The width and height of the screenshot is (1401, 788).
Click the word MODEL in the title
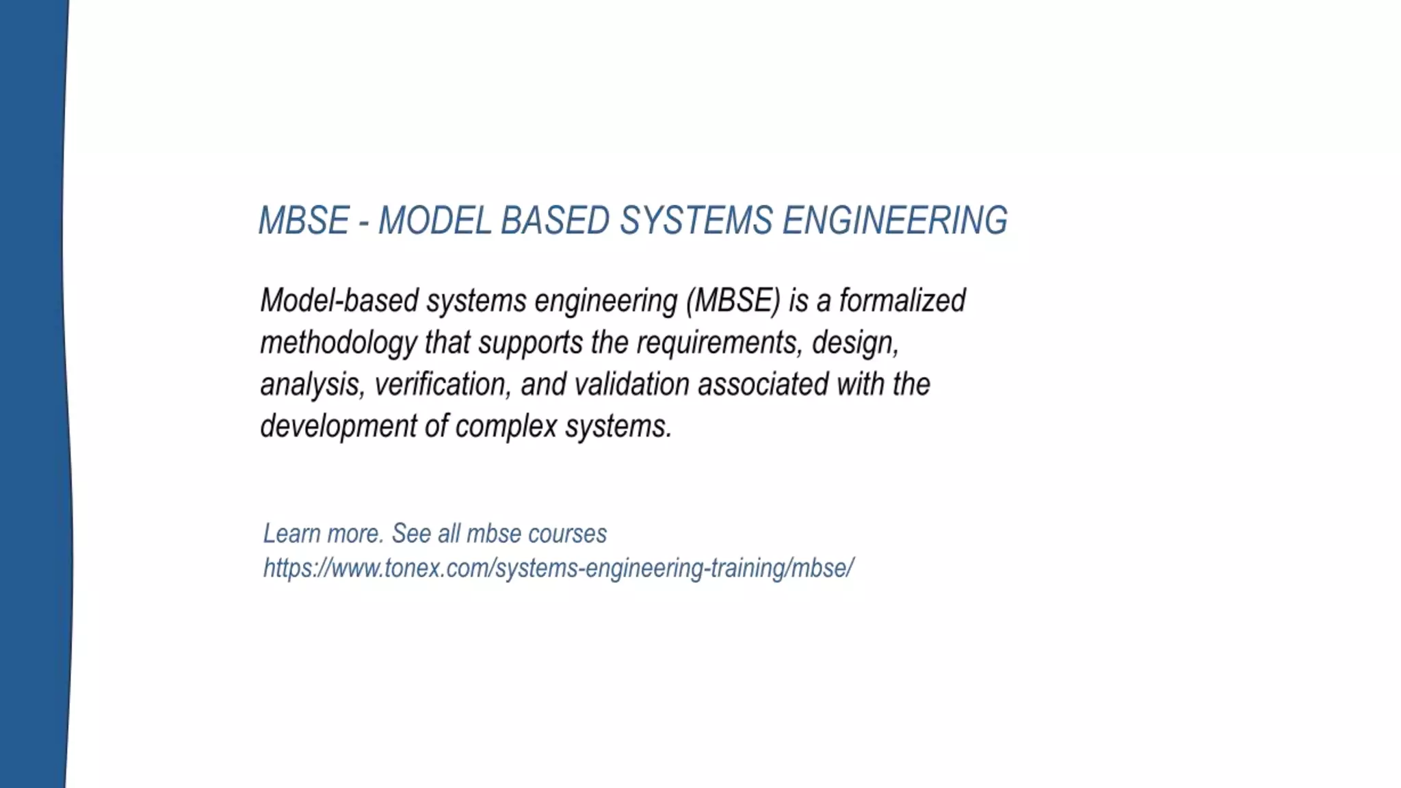coord(434,221)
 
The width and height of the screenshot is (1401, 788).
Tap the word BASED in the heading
coord(555,221)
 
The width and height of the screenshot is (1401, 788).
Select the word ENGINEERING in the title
coord(895,221)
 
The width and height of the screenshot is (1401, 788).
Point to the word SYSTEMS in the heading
coord(696,221)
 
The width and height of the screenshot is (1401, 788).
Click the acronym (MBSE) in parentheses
coord(733,301)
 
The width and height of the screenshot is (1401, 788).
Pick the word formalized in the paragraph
coord(902,301)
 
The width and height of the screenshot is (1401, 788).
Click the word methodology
coord(338,343)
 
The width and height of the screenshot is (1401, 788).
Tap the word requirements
coord(718,343)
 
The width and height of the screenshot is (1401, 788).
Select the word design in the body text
coord(854,343)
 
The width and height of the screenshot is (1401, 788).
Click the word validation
coord(631,384)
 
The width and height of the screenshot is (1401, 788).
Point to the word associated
coord(763,384)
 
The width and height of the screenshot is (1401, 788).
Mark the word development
coord(338,426)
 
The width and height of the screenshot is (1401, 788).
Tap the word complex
coord(506,426)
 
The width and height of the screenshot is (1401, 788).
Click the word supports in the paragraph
coord(530,343)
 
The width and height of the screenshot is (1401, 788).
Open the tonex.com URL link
coord(558,568)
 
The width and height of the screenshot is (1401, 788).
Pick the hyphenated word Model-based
coord(339,301)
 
